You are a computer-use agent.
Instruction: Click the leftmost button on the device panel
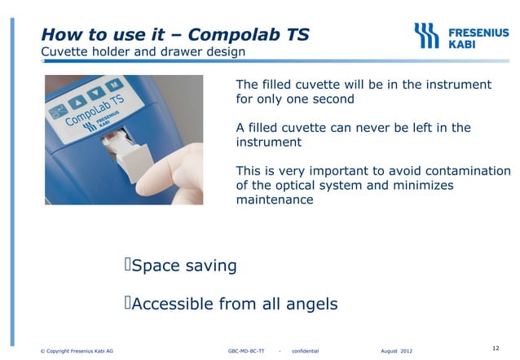[x=56, y=110]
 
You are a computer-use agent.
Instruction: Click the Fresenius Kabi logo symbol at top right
[x=426, y=35]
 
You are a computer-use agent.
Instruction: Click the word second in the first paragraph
[x=333, y=99]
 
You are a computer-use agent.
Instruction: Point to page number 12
[x=496, y=348]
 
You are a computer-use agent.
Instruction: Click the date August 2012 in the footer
[x=396, y=351]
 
